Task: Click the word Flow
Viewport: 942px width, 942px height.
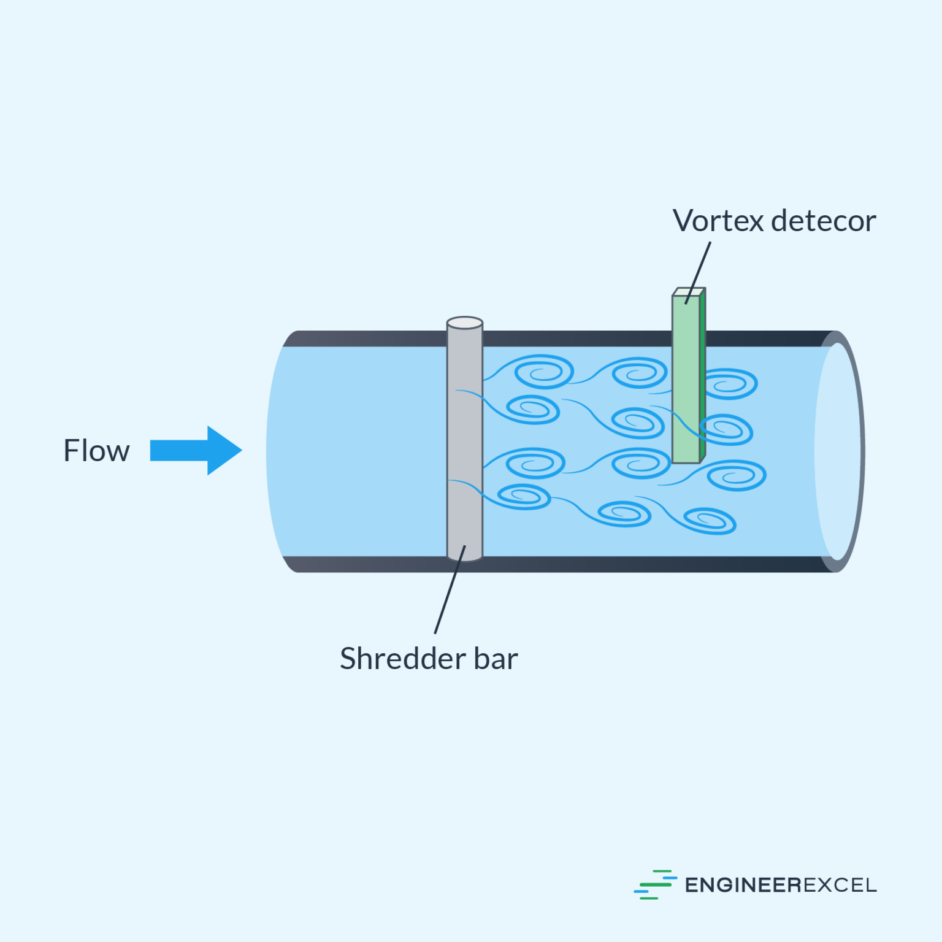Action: (x=96, y=451)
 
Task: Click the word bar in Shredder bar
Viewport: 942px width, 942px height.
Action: (x=496, y=659)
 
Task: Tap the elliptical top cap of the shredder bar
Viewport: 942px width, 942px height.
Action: (x=464, y=323)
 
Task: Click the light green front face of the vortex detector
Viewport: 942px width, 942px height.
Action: (x=685, y=380)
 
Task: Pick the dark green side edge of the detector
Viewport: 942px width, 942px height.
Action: (x=703, y=374)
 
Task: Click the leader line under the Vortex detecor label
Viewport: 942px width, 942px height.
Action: (x=700, y=270)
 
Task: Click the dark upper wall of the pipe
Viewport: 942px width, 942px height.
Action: (x=583, y=339)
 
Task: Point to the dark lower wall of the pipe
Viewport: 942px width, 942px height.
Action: (x=583, y=564)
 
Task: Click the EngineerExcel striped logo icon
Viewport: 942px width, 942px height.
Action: (x=654, y=884)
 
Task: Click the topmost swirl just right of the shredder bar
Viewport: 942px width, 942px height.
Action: (x=542, y=372)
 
